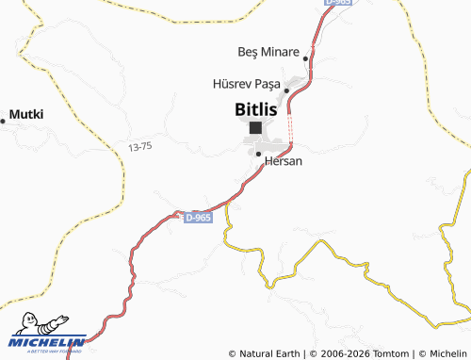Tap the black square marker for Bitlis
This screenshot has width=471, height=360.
coord(255,127)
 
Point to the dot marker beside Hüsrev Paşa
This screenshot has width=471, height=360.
coord(286,90)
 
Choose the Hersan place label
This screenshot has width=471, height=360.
coord(284,162)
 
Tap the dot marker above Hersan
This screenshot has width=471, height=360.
coord(258,154)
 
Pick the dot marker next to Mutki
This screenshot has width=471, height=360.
coord(3,121)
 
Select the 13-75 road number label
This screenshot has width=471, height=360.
coord(139,146)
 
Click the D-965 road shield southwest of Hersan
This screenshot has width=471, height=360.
coord(199,218)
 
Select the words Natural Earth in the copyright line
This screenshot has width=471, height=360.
coord(269,353)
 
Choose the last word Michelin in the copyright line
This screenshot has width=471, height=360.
coord(447,353)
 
